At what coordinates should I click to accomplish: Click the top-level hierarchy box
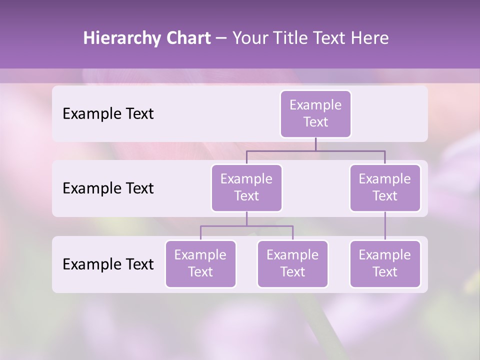(315, 114)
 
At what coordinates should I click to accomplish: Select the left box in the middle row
(246, 188)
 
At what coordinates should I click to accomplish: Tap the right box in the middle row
(384, 188)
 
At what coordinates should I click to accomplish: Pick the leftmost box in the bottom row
(200, 264)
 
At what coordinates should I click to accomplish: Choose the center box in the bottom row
(292, 264)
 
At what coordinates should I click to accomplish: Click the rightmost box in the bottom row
(384, 264)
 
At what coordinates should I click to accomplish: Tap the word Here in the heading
(370, 38)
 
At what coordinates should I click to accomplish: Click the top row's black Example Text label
(108, 114)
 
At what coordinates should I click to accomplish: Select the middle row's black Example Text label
(108, 188)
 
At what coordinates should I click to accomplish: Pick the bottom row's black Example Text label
(108, 264)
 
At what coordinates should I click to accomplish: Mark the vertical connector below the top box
(315, 144)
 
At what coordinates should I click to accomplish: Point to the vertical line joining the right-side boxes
(384, 226)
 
